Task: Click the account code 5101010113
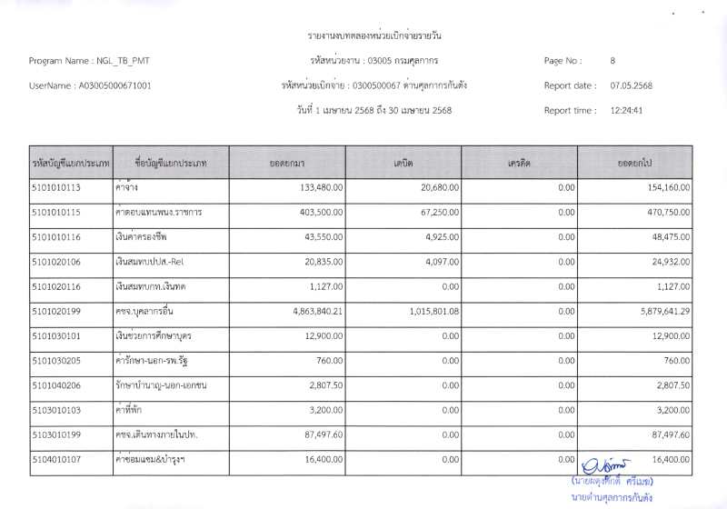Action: (x=56, y=187)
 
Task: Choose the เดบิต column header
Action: (x=403, y=163)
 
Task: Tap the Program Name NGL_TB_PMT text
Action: (x=89, y=61)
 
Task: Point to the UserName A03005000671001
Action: (x=90, y=86)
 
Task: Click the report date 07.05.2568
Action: (x=631, y=86)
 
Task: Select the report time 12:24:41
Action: (x=627, y=111)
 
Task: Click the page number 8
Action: (x=613, y=61)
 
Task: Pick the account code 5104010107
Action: (x=56, y=460)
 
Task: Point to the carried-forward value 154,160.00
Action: (x=666, y=187)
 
